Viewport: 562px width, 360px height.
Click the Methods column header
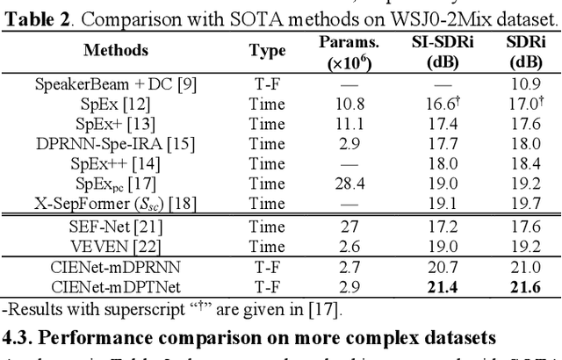[116, 50]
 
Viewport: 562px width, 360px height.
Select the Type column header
[267, 50]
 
